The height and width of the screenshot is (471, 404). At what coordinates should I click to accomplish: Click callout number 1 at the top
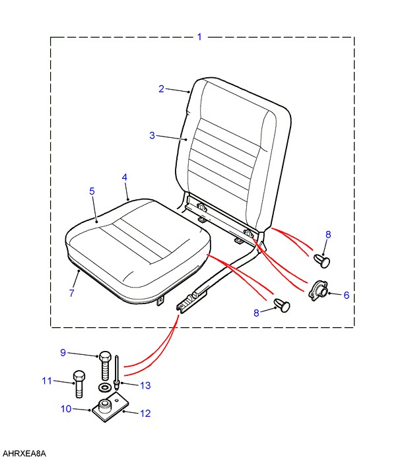(x=199, y=37)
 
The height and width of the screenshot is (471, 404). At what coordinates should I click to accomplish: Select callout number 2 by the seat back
(x=161, y=89)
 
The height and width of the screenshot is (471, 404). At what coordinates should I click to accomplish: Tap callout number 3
(x=152, y=136)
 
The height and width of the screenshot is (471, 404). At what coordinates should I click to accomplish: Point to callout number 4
(x=125, y=178)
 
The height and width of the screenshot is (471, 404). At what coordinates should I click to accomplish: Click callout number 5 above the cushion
(x=92, y=191)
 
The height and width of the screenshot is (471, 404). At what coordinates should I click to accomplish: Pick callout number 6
(x=346, y=295)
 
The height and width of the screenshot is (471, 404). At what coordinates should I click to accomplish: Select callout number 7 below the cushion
(x=72, y=293)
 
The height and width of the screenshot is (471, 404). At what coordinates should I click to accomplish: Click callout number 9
(x=63, y=353)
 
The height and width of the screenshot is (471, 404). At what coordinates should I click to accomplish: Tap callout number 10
(x=65, y=409)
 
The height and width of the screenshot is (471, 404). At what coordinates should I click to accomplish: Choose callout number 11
(x=46, y=381)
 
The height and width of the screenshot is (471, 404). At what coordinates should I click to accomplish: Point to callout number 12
(x=145, y=414)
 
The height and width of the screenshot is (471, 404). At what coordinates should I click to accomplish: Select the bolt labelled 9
(x=105, y=362)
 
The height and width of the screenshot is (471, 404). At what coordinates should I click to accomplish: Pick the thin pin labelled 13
(x=117, y=371)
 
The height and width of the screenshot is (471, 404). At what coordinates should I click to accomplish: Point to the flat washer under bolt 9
(x=104, y=386)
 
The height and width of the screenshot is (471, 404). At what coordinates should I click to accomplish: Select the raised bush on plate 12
(x=104, y=404)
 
